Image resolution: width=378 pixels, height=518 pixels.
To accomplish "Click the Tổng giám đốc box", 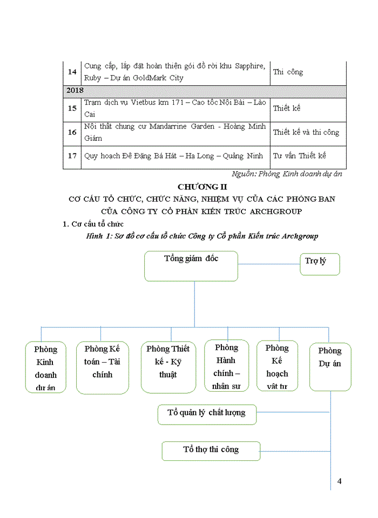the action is click(x=191, y=266).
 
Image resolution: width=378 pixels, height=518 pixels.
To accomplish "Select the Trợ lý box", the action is click(x=320, y=264).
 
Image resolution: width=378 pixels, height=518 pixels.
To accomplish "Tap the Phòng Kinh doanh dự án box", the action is click(x=45, y=367).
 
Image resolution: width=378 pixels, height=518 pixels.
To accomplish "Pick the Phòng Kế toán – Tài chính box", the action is click(x=102, y=367).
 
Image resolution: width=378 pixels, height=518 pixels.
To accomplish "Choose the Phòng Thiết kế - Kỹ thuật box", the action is click(x=168, y=367).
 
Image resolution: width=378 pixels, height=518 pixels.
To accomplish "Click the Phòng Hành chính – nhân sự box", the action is click(x=226, y=365).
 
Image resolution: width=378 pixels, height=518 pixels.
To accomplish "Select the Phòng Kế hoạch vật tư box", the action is click(x=277, y=366).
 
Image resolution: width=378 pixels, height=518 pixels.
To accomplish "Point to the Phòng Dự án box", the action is click(x=330, y=366).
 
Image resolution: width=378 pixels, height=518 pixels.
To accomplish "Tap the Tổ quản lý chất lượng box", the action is click(x=207, y=414).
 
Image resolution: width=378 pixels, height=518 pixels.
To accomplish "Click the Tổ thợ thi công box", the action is click(x=211, y=450).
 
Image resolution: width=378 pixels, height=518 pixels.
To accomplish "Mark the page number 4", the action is click(x=339, y=481).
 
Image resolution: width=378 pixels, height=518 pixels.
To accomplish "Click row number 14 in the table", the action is click(x=72, y=72).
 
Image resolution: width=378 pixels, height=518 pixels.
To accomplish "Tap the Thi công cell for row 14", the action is click(x=288, y=72).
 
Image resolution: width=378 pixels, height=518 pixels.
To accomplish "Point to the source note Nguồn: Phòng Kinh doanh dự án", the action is click(x=287, y=174).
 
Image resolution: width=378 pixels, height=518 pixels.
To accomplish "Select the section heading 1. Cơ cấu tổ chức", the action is click(x=93, y=224).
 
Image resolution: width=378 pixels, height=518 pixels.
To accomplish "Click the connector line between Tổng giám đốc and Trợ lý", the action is click(x=269, y=264).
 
